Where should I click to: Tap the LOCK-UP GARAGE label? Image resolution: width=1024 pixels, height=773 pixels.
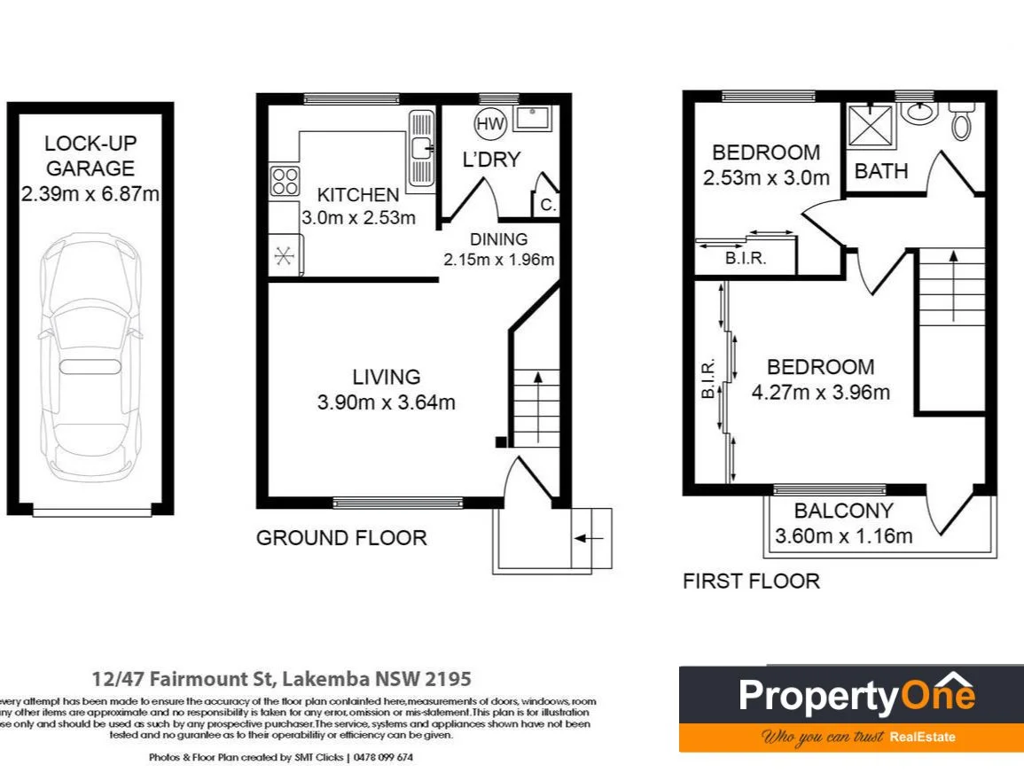(90, 155)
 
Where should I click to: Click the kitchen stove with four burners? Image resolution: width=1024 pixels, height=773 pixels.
(284, 181)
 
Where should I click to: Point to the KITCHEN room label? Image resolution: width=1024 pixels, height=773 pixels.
(358, 195)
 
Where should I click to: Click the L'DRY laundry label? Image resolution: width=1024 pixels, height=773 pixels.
(491, 160)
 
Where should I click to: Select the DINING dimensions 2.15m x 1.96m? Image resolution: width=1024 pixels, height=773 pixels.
(498, 260)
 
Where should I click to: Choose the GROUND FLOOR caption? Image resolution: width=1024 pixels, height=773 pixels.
(341, 538)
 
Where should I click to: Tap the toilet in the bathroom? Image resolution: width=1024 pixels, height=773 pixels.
(961, 121)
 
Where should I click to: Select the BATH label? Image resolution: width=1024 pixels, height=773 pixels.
(881, 171)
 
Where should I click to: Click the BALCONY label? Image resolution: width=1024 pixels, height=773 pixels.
(843, 511)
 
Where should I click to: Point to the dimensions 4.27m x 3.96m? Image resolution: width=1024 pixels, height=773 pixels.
(820, 392)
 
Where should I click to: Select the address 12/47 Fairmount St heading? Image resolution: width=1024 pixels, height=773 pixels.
(282, 679)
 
